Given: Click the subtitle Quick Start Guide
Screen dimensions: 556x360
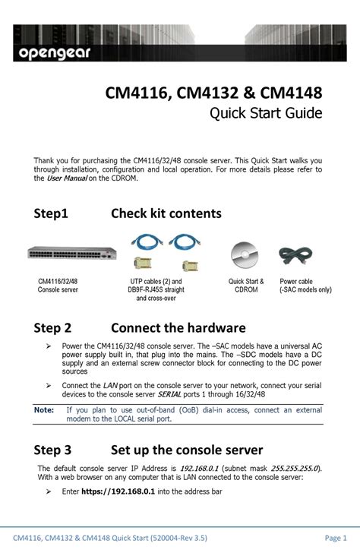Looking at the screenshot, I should [x=265, y=113].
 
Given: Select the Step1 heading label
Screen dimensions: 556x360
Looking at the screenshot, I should [x=51, y=213].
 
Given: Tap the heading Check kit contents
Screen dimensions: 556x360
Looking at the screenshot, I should [x=166, y=213].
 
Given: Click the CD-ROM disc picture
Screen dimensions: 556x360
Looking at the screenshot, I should [x=246, y=255].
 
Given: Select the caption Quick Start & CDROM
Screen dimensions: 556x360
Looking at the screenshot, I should [x=246, y=286].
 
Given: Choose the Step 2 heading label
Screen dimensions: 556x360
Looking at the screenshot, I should [x=52, y=328].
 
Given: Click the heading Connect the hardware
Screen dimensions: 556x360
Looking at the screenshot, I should [x=178, y=328].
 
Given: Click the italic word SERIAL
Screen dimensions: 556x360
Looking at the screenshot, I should [x=170, y=395].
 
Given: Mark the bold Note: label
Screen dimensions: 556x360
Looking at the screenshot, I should [x=44, y=409].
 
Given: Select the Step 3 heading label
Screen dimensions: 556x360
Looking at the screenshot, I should [x=52, y=450].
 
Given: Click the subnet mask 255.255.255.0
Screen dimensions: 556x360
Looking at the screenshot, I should [x=294, y=468].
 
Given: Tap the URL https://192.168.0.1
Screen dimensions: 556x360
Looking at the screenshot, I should [x=118, y=492].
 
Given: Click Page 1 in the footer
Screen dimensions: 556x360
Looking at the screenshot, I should [x=335, y=539].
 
